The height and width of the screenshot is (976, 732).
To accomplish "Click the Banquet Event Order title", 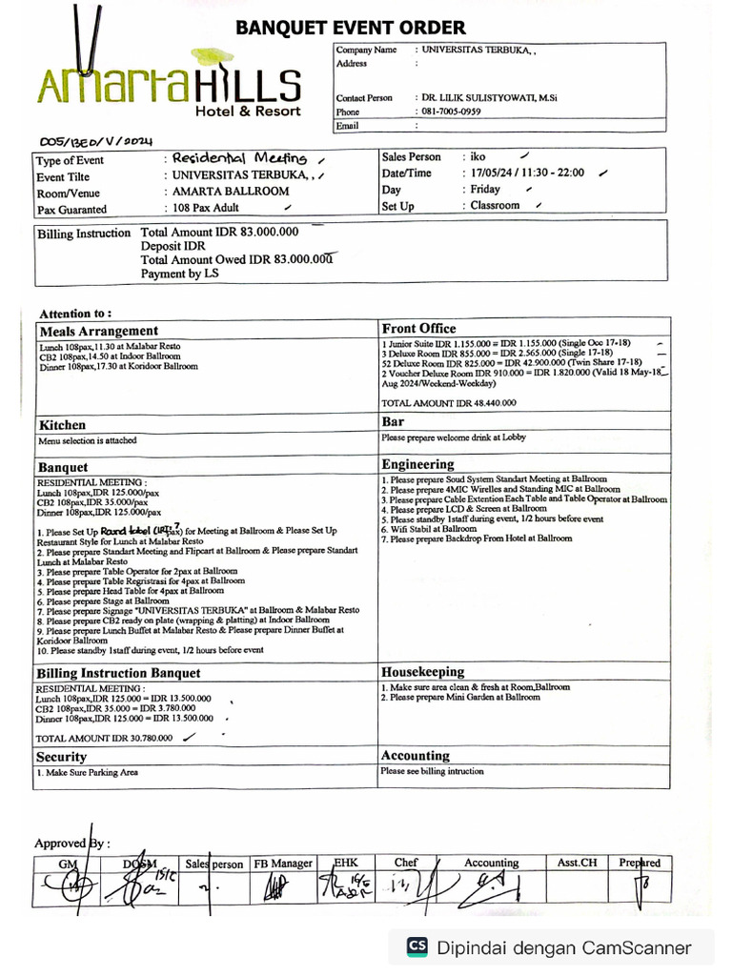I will point(351,28).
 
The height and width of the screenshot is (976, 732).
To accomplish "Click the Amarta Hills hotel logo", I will point(170,84).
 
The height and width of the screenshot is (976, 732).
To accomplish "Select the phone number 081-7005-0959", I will point(449,112).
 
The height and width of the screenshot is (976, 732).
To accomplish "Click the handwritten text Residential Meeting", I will point(239,158).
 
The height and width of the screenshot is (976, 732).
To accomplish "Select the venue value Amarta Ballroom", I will point(231,192).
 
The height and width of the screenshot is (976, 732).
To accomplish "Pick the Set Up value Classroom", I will point(495,206).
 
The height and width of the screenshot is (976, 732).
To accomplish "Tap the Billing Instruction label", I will point(84,234).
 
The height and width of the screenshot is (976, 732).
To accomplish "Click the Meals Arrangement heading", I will point(98,331).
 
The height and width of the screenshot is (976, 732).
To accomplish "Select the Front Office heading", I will point(418,329).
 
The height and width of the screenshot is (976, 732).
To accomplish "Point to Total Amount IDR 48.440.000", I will point(448,403).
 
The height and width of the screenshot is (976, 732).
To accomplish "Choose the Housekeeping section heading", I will point(422,672).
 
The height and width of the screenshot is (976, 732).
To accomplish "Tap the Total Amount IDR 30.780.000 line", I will point(105,738).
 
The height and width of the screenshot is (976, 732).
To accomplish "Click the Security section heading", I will point(62,757).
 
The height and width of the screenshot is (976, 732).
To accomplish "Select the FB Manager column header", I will point(283,864).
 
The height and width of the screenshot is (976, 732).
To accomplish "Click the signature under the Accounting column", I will point(490,887).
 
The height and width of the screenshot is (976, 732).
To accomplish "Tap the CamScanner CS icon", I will point(417,946).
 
